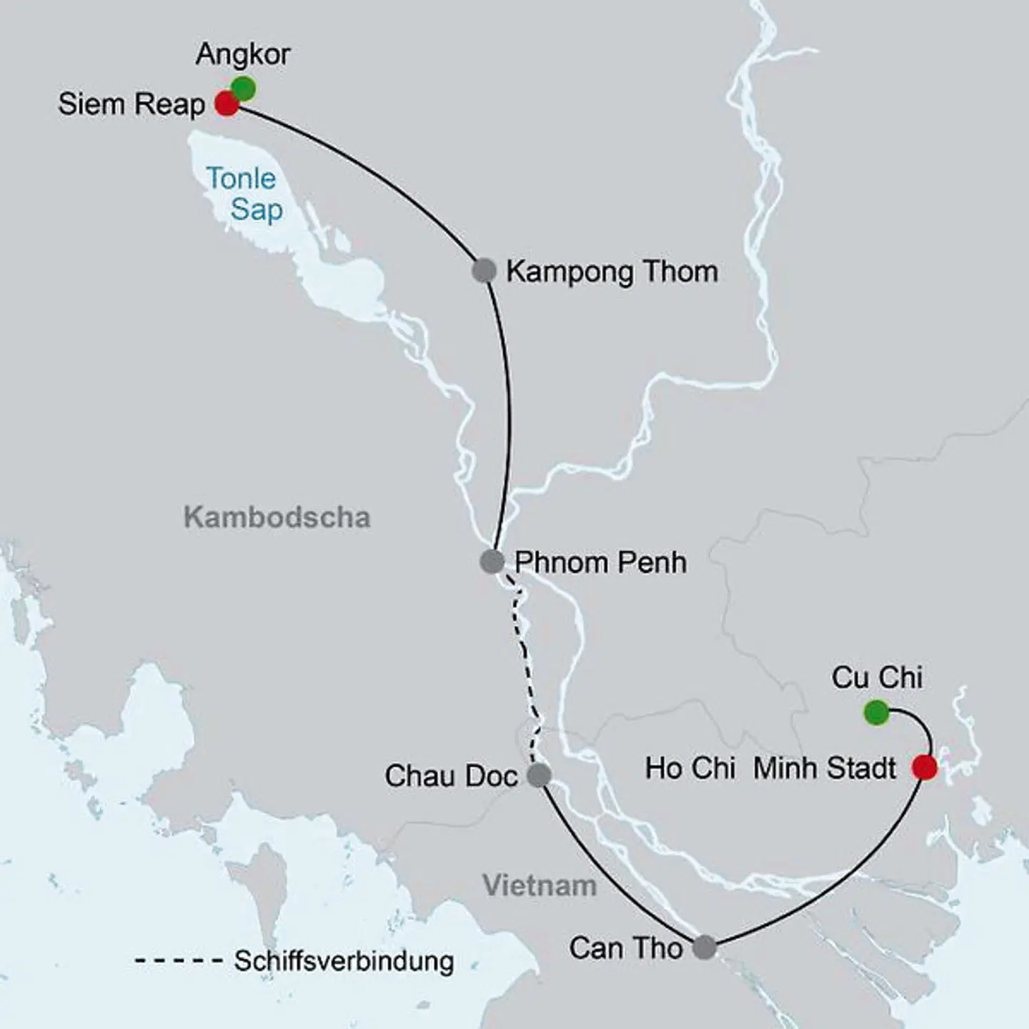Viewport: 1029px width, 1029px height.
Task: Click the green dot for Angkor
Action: point(244,89)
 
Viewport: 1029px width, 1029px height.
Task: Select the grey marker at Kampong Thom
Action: point(484,271)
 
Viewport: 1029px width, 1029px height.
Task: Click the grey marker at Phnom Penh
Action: point(492,562)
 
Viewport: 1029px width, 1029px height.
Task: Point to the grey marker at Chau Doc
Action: point(539,775)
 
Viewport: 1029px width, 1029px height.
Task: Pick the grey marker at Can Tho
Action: point(705,947)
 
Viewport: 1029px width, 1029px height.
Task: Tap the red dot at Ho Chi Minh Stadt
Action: point(925,767)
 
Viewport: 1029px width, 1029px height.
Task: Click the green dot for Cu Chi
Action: point(876,712)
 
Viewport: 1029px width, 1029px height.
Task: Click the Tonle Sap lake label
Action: point(243,194)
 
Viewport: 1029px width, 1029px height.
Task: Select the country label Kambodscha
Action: point(277,517)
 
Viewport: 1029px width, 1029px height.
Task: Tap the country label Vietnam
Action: point(540,885)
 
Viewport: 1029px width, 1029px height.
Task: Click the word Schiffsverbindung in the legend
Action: point(344,961)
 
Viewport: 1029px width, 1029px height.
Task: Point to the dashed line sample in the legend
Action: point(179,961)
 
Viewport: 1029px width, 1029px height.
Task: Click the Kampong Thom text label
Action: point(612,272)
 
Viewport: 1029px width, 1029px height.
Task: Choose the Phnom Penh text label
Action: point(600,562)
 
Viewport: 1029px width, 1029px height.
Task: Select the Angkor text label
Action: point(243,54)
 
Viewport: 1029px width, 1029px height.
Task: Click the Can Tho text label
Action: point(626,948)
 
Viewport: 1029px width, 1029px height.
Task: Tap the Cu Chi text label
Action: point(877,677)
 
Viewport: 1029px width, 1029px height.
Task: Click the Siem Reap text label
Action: point(131,104)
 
